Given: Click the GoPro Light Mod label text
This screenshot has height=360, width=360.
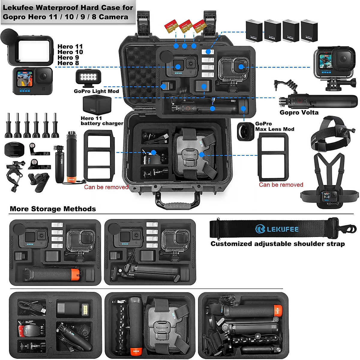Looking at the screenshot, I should (96, 91).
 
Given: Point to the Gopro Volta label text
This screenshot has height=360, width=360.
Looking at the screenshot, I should (299, 112).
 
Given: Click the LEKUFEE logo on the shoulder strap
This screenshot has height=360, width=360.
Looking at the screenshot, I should (277, 229).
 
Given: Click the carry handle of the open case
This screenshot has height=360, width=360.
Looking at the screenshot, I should (177, 202).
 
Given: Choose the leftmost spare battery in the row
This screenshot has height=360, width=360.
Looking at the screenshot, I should (254, 30).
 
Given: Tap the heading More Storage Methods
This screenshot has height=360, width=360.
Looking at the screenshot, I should (53, 209).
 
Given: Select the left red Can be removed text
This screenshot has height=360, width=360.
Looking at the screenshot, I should (106, 187).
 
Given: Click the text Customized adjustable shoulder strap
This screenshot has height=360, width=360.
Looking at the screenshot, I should (277, 244).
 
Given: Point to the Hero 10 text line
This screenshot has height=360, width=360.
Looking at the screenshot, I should (70, 52).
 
